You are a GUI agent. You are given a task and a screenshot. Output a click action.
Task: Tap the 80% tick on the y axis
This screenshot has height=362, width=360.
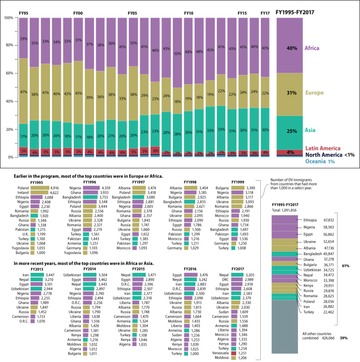pyautogui.click(x=8, y=45)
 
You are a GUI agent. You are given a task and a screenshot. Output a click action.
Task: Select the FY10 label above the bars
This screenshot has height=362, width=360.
pyautogui.click(x=188, y=14)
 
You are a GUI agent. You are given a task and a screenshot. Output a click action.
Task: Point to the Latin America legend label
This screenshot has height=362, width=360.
pyautogui.click(x=322, y=148)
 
